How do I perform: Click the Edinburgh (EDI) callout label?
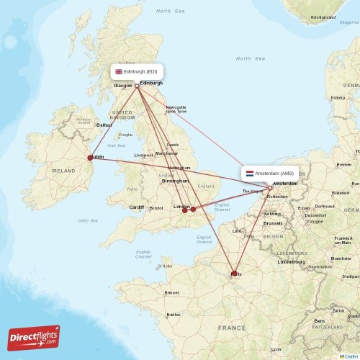click(x=137, y=71)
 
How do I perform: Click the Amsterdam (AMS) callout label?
click(x=269, y=174)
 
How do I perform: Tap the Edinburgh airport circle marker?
click(x=137, y=86)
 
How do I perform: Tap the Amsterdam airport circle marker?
click(x=270, y=188)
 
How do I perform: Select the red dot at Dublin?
click(x=90, y=158)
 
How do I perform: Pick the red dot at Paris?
click(x=234, y=273)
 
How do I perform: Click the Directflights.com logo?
click(x=34, y=337)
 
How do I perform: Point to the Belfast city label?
click(x=104, y=125)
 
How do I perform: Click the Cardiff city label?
click(x=137, y=207)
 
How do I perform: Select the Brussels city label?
click(x=273, y=223)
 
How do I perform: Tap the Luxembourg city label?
click(x=292, y=261)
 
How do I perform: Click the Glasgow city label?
click(x=122, y=86)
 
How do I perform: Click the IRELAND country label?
click(x=63, y=171)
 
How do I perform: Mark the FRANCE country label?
click(x=233, y=328)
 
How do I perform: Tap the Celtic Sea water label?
click(x=87, y=220)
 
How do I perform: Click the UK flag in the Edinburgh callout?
click(x=119, y=71)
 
